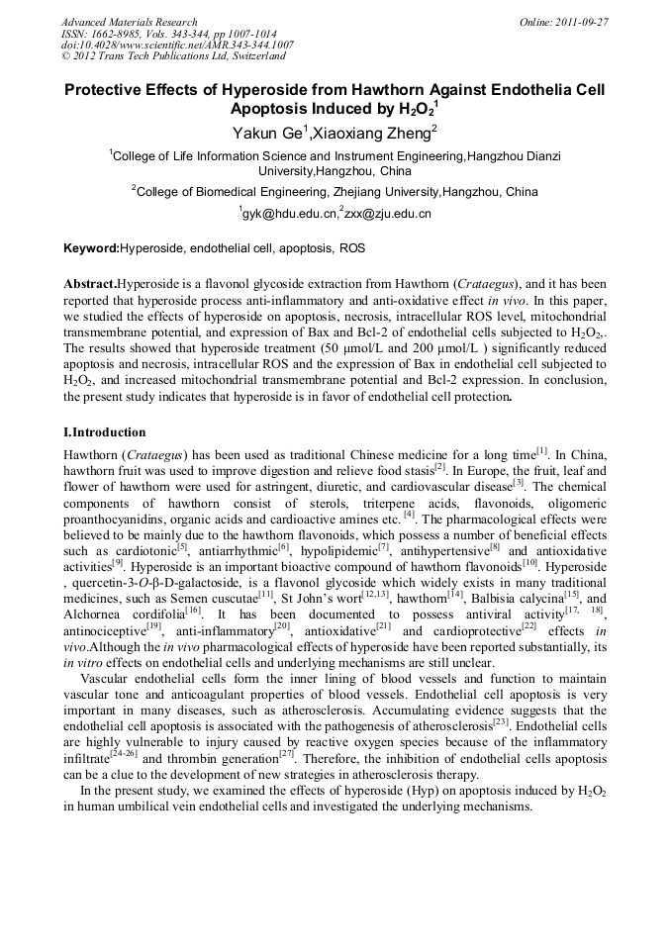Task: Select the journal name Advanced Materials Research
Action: [129, 22]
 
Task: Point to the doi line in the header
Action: [177, 46]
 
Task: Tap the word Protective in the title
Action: [111, 90]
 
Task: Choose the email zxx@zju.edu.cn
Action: [387, 213]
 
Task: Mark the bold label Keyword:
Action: [91, 248]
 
